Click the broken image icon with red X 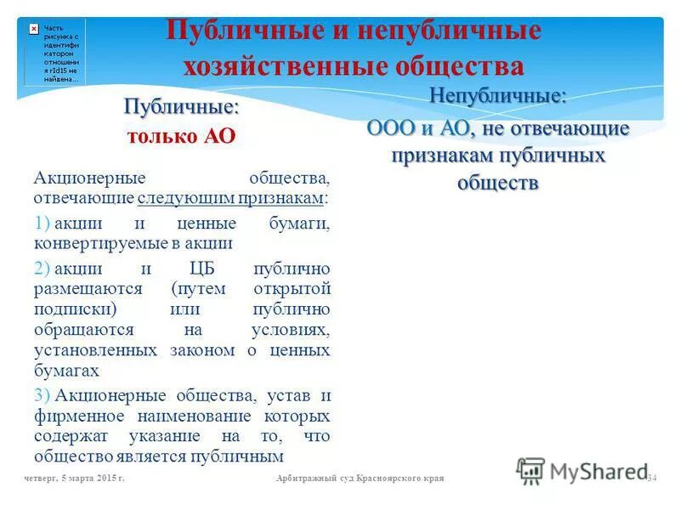click(33, 28)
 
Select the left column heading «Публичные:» click(181, 108)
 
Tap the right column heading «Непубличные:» click(497, 96)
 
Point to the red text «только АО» click(181, 136)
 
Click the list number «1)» click(42, 224)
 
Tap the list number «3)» click(42, 396)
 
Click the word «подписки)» click(75, 309)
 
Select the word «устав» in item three click(284, 396)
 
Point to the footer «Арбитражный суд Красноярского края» click(360, 479)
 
